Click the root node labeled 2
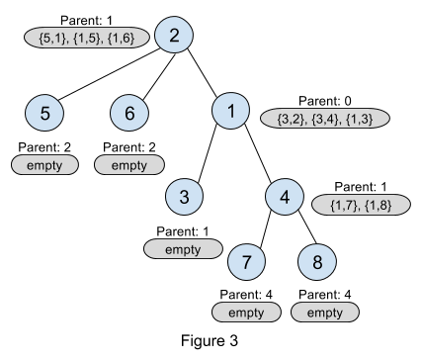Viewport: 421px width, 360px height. pyautogui.click(x=174, y=35)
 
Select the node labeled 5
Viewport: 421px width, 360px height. pyautogui.click(x=44, y=113)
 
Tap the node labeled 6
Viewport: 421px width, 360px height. pyautogui.click(x=129, y=113)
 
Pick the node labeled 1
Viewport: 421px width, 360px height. pyautogui.click(x=230, y=111)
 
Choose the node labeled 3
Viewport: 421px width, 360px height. pyautogui.click(x=184, y=197)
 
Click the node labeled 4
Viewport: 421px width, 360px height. pyautogui.click(x=285, y=197)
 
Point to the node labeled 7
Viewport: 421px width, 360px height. pyautogui.click(x=247, y=262)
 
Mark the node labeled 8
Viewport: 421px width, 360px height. pyautogui.click(x=317, y=262)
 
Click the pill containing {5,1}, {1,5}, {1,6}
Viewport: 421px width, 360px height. pyautogui.click(x=87, y=38)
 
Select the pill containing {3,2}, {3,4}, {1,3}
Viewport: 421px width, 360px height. pyautogui.click(x=325, y=118)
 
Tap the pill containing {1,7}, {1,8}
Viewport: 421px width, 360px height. pyautogui.click(x=361, y=205)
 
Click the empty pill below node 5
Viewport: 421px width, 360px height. pyautogui.click(x=44, y=165)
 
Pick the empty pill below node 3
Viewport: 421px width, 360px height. pyautogui.click(x=183, y=249)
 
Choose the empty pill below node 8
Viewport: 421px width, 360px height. pyautogui.click(x=325, y=312)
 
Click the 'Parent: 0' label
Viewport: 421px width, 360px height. pyautogui.click(x=325, y=101)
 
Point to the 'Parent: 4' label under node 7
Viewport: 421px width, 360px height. pyautogui.click(x=246, y=294)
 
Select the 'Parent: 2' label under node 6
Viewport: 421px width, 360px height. pyautogui.click(x=129, y=147)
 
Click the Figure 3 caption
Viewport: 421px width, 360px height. pyautogui.click(x=210, y=340)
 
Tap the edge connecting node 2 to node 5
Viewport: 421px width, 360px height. pyautogui.click(x=110, y=74)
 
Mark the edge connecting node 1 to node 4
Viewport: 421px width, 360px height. pyautogui.click(x=258, y=153)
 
